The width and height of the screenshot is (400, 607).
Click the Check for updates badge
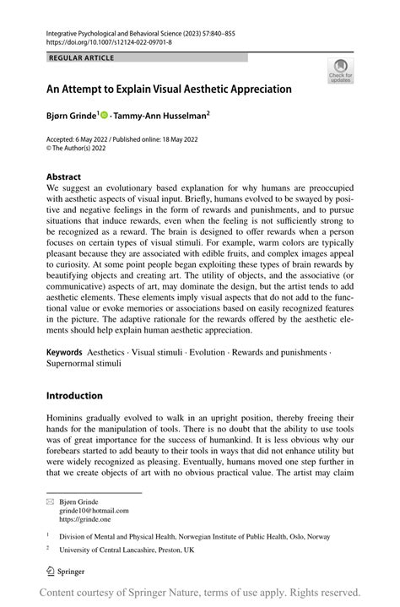339,70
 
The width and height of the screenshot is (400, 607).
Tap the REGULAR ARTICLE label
82,57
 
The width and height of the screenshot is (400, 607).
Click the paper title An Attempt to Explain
169,89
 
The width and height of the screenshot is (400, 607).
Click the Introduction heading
74,395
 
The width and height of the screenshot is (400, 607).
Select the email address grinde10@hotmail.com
94,510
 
